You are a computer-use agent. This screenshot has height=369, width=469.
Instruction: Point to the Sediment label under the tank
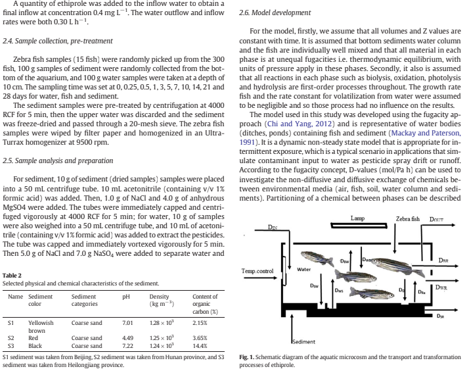click(303, 341)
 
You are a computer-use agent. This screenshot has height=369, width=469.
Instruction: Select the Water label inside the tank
click(304, 269)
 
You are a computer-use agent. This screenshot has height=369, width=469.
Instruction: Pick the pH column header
click(126, 297)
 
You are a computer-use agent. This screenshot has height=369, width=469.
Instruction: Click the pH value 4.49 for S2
click(128, 337)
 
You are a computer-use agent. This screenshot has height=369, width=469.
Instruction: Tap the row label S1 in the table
click(11, 324)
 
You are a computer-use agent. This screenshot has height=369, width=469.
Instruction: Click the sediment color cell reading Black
click(35, 345)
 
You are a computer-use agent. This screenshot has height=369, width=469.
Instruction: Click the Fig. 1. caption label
click(248, 357)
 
